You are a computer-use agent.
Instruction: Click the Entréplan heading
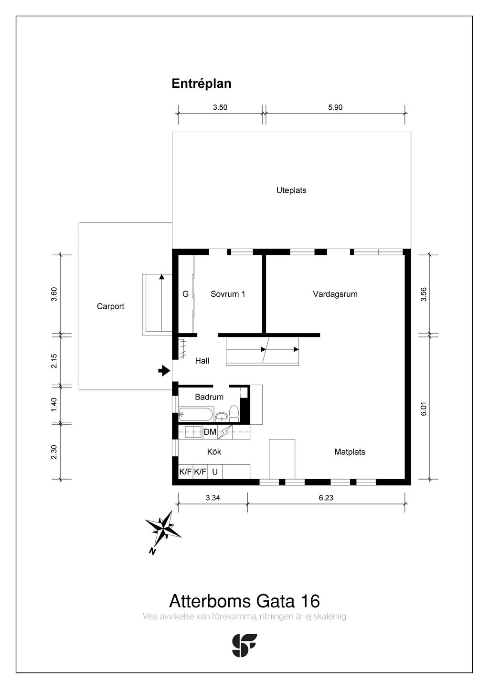202,84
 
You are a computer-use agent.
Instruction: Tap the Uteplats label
291,190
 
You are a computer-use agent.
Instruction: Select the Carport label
110,306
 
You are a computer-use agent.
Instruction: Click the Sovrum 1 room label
228,294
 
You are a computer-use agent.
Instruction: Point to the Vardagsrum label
335,294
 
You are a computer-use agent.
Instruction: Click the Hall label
202,361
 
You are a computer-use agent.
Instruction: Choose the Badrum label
209,397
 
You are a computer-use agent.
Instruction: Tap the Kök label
214,451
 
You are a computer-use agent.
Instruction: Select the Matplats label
350,451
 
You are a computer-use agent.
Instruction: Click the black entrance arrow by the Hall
164,370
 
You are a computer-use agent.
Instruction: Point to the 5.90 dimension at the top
335,107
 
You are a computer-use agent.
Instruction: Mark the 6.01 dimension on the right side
423,408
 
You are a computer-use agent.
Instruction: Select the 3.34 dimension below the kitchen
213,498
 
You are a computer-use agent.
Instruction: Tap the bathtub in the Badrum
196,414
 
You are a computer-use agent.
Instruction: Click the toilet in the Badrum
234,412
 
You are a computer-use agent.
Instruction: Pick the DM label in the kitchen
210,432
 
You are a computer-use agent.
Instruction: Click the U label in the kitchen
215,472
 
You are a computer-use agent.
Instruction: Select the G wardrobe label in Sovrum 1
185,294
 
